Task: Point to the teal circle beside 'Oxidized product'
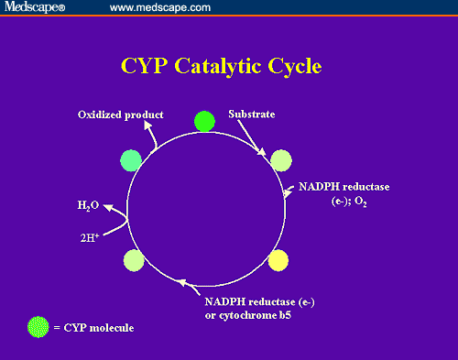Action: tap(132, 160)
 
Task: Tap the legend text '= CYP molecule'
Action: tap(93, 327)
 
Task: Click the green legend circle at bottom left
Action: tap(38, 326)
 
